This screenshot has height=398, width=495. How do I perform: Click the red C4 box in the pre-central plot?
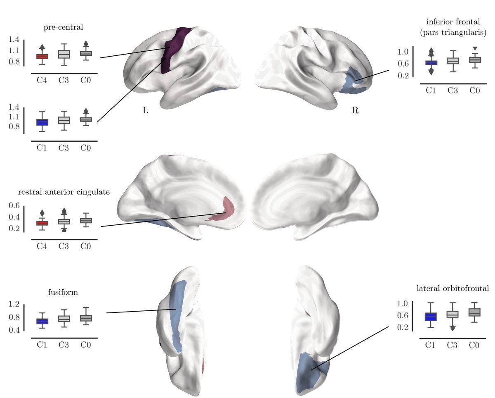pyautogui.click(x=42, y=56)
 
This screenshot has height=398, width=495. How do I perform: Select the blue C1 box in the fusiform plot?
pyautogui.click(x=42, y=321)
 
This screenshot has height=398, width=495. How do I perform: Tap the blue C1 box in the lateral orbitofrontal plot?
pyautogui.click(x=431, y=317)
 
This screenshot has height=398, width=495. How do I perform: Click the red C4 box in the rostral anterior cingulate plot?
pyautogui.click(x=42, y=223)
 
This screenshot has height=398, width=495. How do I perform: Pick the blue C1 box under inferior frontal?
pyautogui.click(x=431, y=63)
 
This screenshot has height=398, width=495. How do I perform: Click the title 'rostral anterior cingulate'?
pyautogui.click(x=63, y=193)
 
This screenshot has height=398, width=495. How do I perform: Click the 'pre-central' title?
pyautogui.click(x=63, y=28)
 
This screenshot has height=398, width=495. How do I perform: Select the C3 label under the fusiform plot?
pyautogui.click(x=64, y=344)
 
